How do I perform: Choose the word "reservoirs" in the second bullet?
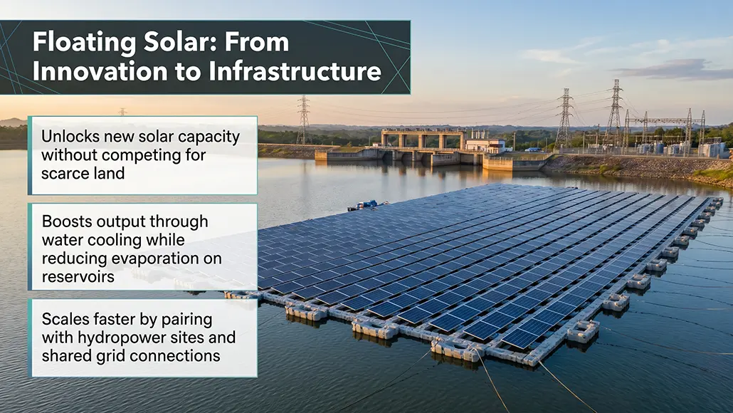click(78, 276)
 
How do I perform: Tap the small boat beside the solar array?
click(365, 205)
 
